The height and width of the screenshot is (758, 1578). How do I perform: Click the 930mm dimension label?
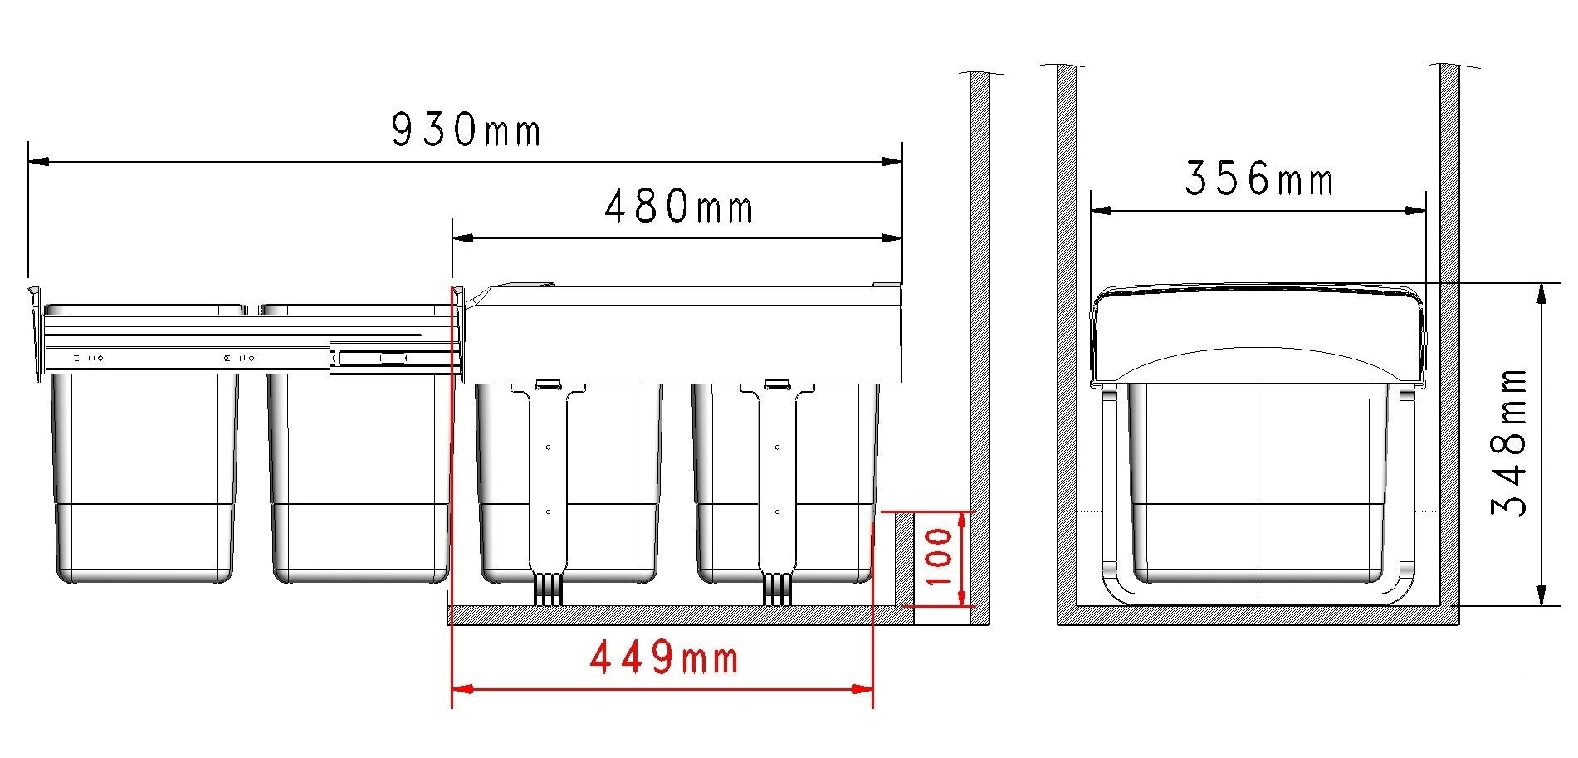pyautogui.click(x=466, y=130)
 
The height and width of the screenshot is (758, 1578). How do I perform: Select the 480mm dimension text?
pyautogui.click(x=678, y=207)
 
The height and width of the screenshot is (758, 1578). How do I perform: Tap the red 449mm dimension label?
pyautogui.click(x=664, y=658)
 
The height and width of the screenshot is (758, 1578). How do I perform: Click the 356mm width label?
pyautogui.click(x=1258, y=178)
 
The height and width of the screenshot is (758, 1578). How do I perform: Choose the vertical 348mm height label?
pyautogui.click(x=1510, y=443)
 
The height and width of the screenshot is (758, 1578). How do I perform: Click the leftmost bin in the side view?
pyautogui.click(x=145, y=480)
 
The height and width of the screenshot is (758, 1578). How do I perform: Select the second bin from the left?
pyautogui.click(x=359, y=480)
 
